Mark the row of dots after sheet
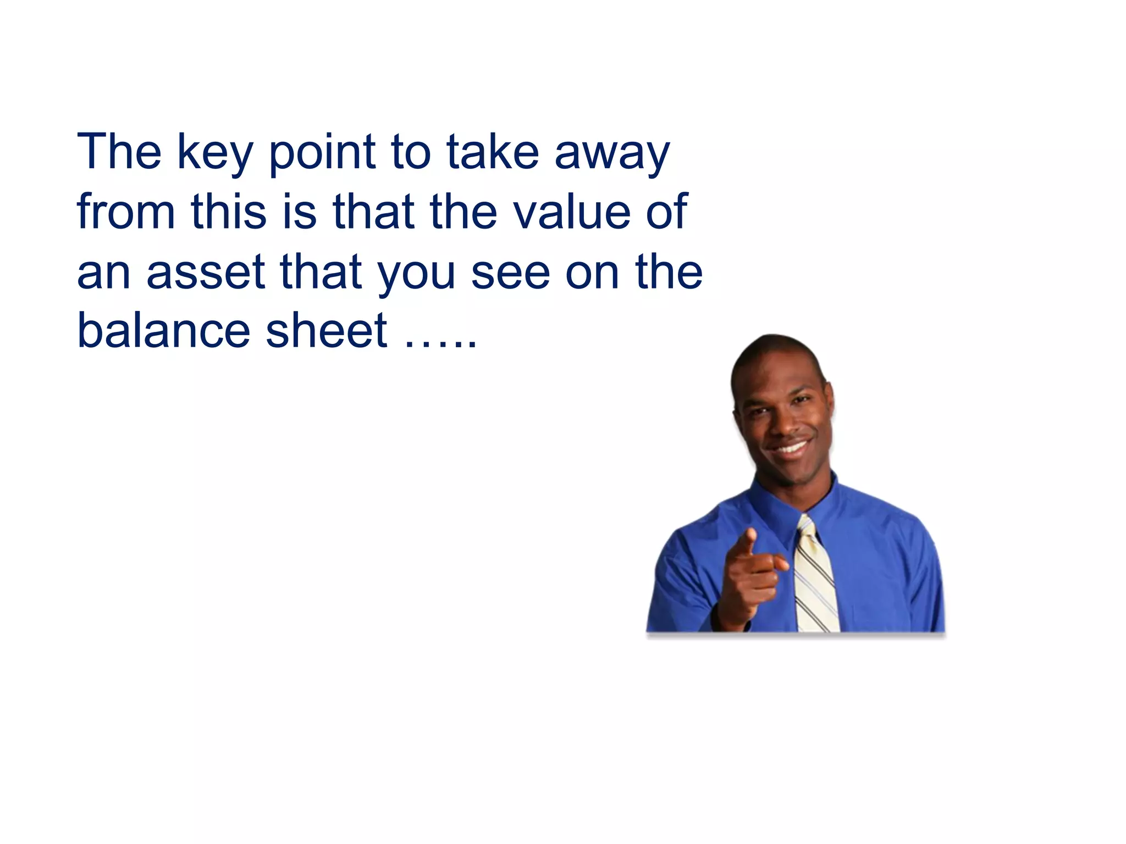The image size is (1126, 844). (440, 344)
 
